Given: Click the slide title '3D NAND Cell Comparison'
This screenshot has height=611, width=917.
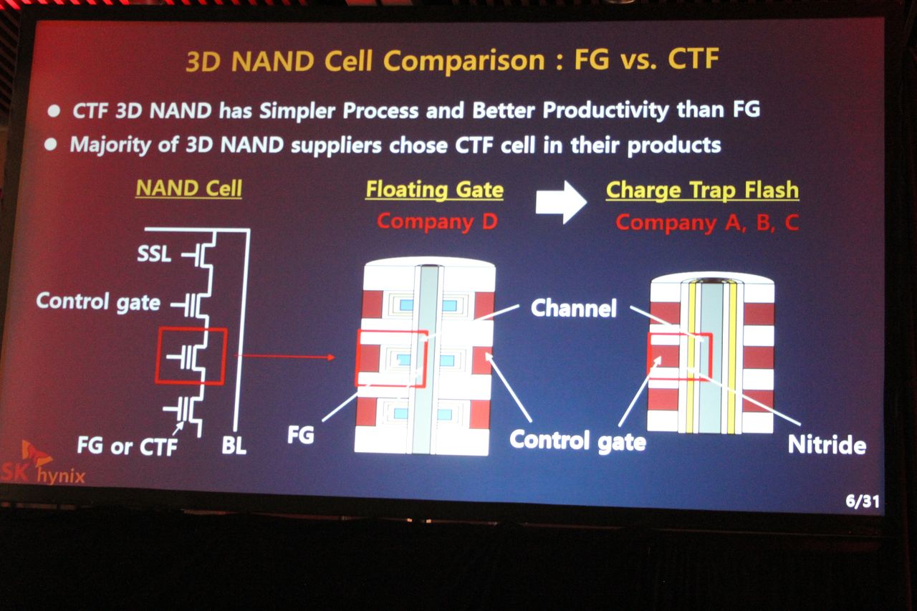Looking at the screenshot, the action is point(365,62).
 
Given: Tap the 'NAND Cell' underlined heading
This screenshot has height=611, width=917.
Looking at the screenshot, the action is point(188,188).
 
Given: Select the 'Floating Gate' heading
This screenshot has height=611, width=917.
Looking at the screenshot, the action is point(434,191).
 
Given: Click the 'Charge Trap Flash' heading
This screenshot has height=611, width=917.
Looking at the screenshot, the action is point(702,191).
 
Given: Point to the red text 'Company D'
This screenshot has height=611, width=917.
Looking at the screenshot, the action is point(437,222).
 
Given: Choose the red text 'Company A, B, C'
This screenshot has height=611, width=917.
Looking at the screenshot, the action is point(707,223).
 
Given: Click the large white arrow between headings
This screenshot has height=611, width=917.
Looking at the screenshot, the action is point(561,202).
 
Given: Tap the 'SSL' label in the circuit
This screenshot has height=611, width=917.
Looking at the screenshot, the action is point(154,254).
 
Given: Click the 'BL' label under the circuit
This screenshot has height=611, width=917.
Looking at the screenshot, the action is point(234,446).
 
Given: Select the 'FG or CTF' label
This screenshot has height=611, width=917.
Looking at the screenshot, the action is point(128,446).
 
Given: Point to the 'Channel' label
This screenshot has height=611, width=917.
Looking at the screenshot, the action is point(574,308).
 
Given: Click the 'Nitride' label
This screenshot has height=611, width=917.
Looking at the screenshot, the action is point(827,445).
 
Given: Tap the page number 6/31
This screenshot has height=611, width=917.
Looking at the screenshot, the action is point(863,501).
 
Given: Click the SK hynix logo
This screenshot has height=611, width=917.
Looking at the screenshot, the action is point(42,464).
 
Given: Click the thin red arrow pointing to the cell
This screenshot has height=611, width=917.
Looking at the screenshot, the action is point(285,357).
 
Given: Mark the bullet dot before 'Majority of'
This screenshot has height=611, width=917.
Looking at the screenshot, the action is point(51,145).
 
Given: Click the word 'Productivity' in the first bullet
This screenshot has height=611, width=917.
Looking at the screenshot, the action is point(605,110).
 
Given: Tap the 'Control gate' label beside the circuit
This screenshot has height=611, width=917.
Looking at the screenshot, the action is point(98,302).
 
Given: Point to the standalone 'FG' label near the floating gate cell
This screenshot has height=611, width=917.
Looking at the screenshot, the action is point(300,435).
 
